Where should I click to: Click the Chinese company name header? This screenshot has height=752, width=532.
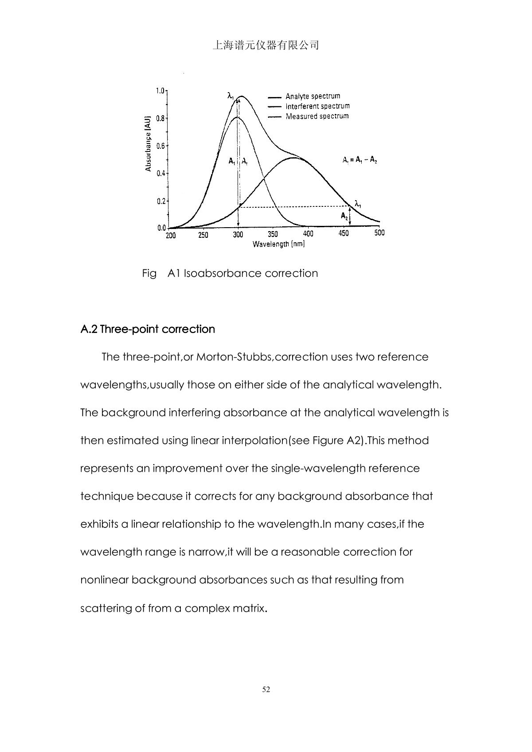click(266, 45)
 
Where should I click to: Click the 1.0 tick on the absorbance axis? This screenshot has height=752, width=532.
click(160, 91)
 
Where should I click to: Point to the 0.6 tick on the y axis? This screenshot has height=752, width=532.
click(160, 146)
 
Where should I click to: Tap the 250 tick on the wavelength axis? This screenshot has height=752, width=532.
click(203, 235)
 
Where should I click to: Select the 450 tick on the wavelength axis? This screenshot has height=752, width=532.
click(344, 233)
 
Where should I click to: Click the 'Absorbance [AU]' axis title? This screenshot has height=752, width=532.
click(149, 143)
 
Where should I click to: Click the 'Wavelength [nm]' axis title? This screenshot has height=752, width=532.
click(278, 244)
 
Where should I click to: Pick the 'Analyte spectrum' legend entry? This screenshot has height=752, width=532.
click(313, 96)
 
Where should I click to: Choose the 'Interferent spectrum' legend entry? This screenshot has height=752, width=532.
click(317, 106)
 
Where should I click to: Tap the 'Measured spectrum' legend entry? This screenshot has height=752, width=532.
click(317, 116)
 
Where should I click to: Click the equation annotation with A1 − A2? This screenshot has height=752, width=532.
click(360, 160)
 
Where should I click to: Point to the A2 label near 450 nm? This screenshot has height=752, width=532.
click(344, 216)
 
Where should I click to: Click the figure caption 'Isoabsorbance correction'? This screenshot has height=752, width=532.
click(250, 273)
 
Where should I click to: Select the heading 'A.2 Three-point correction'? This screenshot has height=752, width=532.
click(148, 329)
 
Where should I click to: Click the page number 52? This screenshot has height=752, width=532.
click(266, 689)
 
